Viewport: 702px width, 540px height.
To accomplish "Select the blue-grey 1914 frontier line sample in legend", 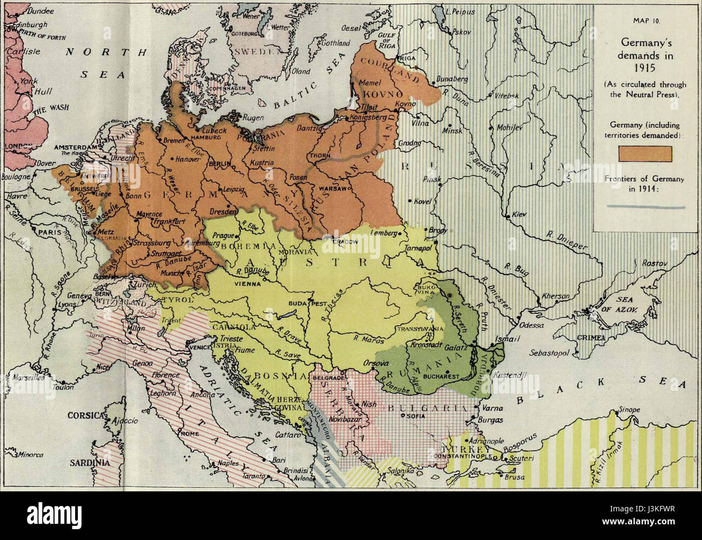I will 645,206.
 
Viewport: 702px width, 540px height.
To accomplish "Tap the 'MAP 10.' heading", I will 646,21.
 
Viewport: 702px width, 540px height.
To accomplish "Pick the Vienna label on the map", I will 247,283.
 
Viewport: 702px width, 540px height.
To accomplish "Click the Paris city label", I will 49,231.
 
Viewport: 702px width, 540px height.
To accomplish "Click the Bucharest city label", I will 441,376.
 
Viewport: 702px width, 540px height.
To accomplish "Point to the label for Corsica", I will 85,416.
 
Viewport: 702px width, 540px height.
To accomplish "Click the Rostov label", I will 654,263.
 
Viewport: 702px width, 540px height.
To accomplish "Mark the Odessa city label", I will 532,325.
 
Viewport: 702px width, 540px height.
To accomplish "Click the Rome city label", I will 190,434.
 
